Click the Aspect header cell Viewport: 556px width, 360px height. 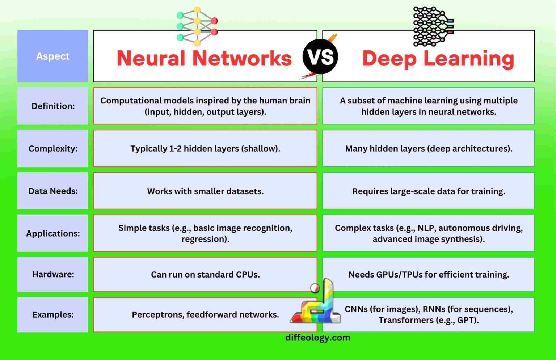(x=53, y=56)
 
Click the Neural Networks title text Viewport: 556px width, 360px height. (x=204, y=58)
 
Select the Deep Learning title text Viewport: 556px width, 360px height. (x=438, y=58)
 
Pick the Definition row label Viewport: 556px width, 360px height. (x=53, y=106)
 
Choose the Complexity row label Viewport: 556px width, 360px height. (x=53, y=148)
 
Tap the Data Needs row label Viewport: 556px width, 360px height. (x=53, y=191)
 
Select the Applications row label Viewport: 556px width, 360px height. (x=53, y=233)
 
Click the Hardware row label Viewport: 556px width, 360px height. (x=53, y=274)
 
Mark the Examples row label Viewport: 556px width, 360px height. (x=53, y=314)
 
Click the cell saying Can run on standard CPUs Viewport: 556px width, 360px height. (x=205, y=274)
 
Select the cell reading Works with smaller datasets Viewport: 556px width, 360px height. (x=205, y=191)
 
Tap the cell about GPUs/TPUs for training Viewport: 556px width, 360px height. (x=429, y=274)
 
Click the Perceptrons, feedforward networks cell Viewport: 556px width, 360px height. (x=205, y=314)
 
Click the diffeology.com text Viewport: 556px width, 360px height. (x=317, y=338)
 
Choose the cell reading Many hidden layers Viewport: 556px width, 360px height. (x=429, y=148)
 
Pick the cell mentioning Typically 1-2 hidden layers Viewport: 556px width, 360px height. (x=205, y=148)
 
